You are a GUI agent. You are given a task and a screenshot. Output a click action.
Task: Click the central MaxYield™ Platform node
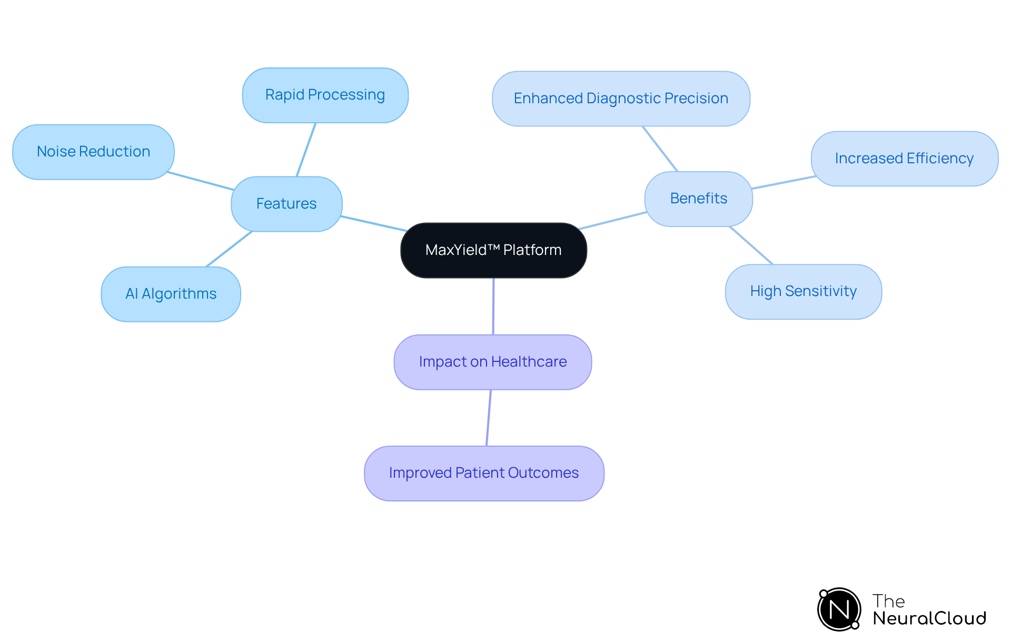[x=493, y=250]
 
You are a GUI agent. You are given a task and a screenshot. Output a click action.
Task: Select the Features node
[x=286, y=204]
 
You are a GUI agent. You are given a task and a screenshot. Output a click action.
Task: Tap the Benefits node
[x=698, y=199]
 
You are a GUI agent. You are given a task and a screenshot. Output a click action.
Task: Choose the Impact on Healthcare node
[x=492, y=362]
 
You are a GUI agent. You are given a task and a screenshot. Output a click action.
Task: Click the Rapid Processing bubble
[x=325, y=95]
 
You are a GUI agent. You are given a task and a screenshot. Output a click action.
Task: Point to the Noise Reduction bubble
[x=93, y=152]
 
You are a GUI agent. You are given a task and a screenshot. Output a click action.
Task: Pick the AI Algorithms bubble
[x=171, y=294]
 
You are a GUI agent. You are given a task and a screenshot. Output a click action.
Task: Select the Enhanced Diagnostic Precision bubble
[x=621, y=99]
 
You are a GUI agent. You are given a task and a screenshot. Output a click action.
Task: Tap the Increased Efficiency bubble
[x=904, y=159]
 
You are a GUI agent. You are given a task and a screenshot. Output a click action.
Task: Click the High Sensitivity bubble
[x=803, y=291]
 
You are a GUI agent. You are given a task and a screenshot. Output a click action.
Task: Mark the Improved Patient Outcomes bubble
[x=483, y=473]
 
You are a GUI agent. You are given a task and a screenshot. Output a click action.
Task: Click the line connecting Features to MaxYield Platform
[x=373, y=223]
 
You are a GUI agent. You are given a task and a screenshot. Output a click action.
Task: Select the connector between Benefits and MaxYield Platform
[x=613, y=221]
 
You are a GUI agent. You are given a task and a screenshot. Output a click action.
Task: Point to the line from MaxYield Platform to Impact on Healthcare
[x=493, y=306]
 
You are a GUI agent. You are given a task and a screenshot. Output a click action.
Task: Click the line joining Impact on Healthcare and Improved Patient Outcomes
[x=489, y=418]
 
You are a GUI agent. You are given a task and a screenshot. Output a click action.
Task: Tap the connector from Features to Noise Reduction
[x=201, y=181]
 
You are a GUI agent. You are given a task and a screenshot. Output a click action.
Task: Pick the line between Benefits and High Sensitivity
[x=751, y=245]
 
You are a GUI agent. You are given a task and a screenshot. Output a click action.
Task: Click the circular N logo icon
[x=839, y=609]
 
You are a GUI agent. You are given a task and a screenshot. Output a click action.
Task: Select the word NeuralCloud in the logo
[x=929, y=618]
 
